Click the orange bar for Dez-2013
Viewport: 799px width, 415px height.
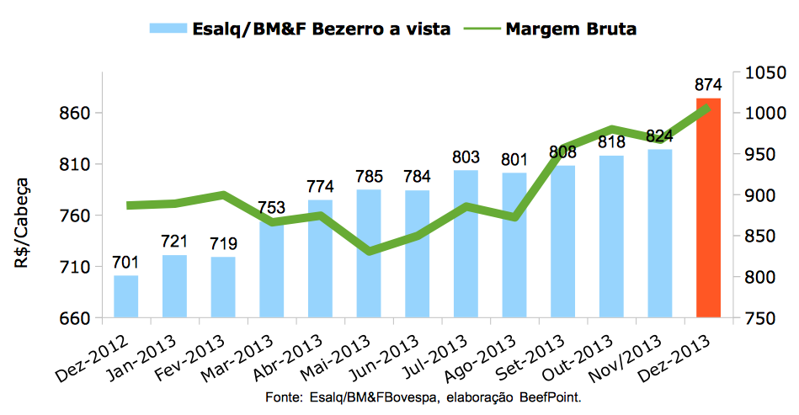[708, 208]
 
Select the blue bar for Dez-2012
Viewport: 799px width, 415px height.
[126, 296]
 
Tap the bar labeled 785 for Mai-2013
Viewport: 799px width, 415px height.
[369, 253]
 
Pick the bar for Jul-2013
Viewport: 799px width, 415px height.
[466, 244]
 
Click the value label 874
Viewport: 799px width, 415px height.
[708, 85]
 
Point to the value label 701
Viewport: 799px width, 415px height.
[126, 263]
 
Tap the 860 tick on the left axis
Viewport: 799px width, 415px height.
[72, 113]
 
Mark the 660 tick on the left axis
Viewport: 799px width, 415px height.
[72, 318]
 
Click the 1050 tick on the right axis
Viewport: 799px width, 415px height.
[760, 73]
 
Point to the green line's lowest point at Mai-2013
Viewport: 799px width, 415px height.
[369, 252]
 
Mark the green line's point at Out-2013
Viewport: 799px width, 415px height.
[612, 129]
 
